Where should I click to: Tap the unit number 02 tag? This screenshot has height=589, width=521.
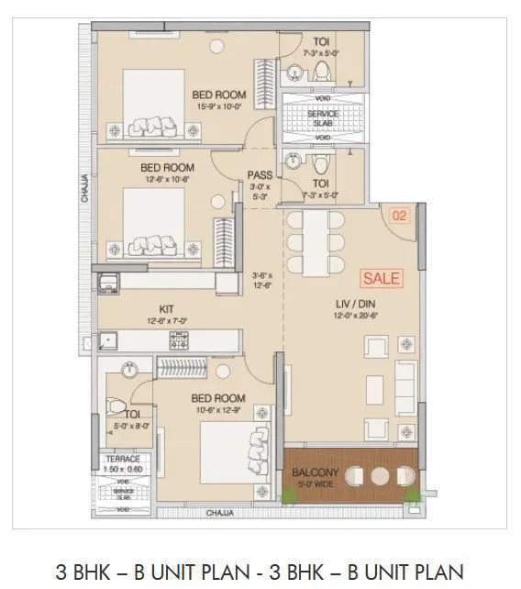(x=399, y=217)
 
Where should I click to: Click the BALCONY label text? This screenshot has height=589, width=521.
(x=315, y=473)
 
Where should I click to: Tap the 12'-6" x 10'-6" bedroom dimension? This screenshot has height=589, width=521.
(x=167, y=180)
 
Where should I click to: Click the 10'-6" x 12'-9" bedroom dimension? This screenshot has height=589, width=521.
(x=217, y=409)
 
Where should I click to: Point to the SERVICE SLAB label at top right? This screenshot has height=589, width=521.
(x=322, y=118)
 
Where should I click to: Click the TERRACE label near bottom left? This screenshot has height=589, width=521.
(x=122, y=459)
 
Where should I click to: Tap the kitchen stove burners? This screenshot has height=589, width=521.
(x=178, y=340)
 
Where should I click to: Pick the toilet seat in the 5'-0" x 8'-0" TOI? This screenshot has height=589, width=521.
(x=116, y=406)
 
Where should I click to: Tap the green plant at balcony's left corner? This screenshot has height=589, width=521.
(x=290, y=496)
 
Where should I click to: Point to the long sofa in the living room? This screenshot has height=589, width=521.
(x=405, y=387)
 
